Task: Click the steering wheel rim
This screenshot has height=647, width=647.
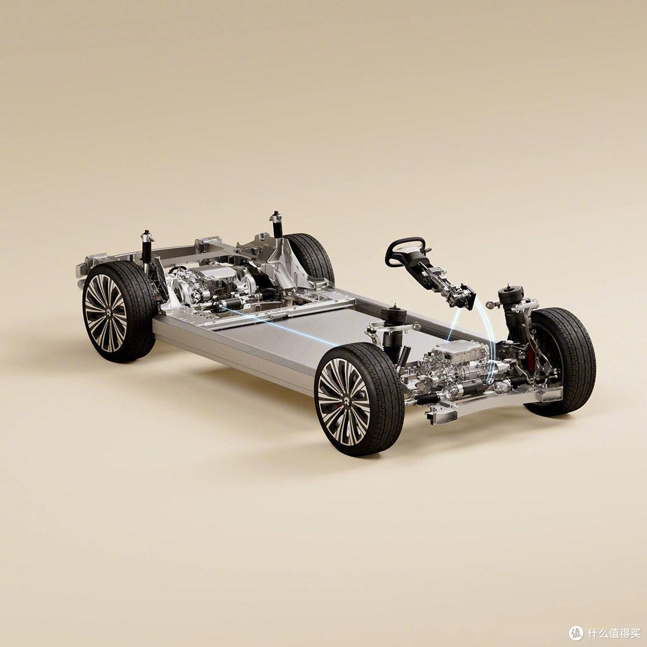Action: click(x=405, y=240)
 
